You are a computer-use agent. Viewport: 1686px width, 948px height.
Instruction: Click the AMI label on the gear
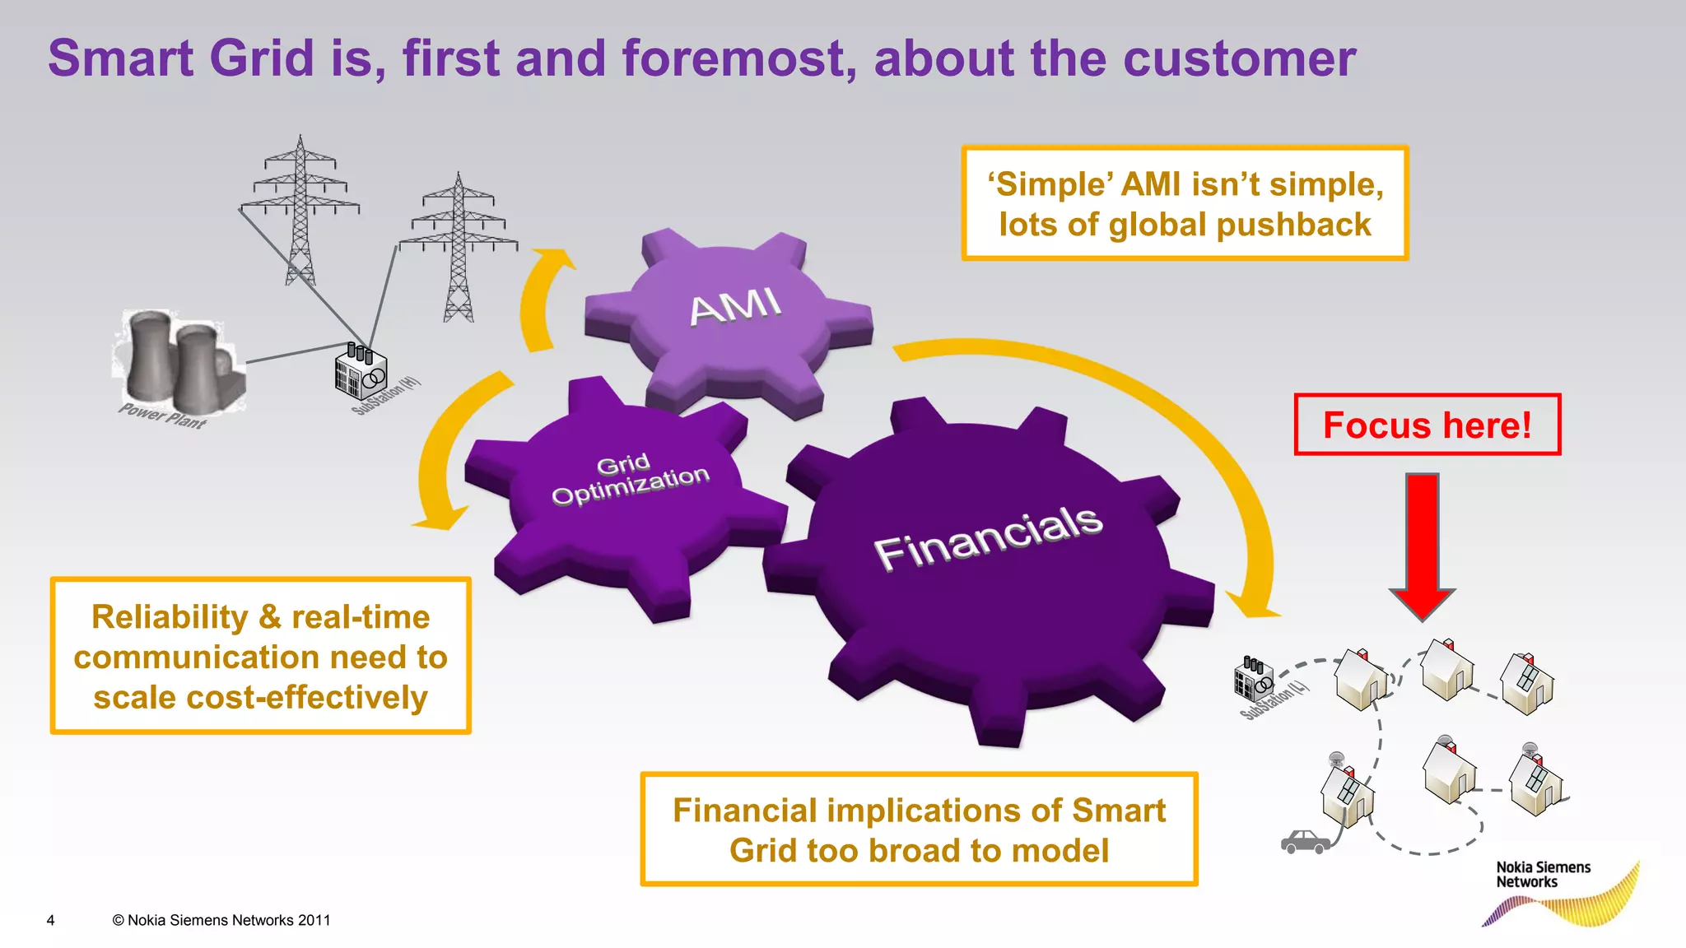click(734, 307)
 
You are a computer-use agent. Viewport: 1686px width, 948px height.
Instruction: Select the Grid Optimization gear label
click(630, 479)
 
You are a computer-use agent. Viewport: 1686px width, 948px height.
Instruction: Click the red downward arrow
click(1422, 543)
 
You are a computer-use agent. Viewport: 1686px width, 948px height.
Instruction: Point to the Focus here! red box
click(1427, 425)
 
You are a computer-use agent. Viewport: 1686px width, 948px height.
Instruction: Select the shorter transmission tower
click(459, 247)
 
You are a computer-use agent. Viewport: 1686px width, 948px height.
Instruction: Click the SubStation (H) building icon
click(360, 371)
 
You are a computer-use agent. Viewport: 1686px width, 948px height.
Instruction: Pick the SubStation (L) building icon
click(1253, 679)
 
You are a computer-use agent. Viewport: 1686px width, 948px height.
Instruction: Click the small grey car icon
click(1305, 842)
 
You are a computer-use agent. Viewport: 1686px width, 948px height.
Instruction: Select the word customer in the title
click(1238, 58)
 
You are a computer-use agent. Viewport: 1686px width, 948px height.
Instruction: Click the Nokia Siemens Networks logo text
click(1542, 874)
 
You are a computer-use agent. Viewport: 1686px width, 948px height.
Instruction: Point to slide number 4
click(50, 920)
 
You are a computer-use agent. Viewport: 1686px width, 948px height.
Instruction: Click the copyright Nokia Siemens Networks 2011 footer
click(221, 920)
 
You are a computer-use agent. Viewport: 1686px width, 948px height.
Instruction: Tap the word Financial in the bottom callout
click(743, 811)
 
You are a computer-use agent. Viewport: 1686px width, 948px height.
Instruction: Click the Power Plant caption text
click(162, 416)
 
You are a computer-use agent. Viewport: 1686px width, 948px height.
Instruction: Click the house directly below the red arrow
click(1446, 670)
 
